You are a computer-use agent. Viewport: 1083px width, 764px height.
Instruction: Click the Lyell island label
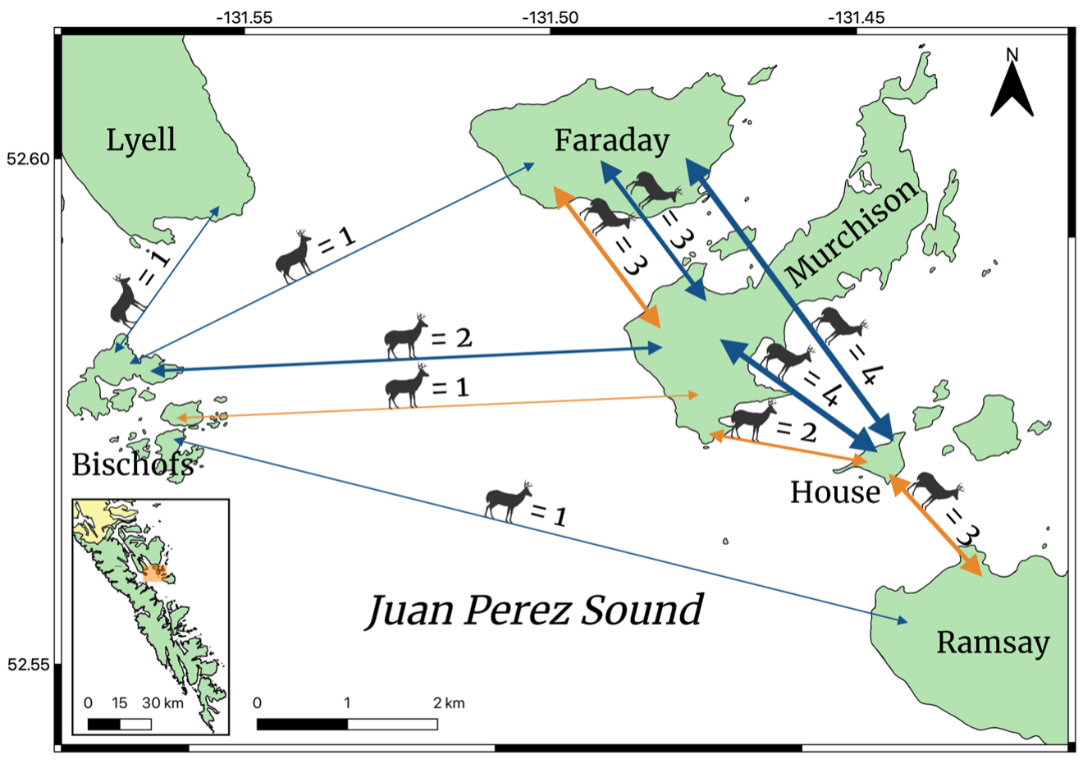140,140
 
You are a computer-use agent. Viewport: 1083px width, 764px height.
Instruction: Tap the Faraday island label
611,140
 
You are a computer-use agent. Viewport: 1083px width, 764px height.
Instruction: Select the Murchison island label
852,231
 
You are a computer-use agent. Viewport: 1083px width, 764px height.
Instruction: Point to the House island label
834,492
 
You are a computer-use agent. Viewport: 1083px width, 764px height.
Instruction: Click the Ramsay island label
993,642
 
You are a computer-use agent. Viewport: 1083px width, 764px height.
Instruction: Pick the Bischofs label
132,464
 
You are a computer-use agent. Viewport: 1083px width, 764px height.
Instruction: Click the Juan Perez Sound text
534,610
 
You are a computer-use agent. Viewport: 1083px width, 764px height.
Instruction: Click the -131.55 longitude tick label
244,17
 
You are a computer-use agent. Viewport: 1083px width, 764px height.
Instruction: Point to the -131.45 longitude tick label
857,17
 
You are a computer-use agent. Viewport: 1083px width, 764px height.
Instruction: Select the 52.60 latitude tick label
28,158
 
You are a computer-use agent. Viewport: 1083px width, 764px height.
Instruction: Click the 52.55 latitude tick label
28,664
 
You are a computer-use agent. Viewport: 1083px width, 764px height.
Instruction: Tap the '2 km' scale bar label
449,702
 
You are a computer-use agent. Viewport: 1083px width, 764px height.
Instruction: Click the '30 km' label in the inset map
162,702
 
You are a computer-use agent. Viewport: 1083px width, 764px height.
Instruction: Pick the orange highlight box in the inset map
154,573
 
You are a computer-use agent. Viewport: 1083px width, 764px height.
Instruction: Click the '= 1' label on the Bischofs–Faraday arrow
336,240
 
